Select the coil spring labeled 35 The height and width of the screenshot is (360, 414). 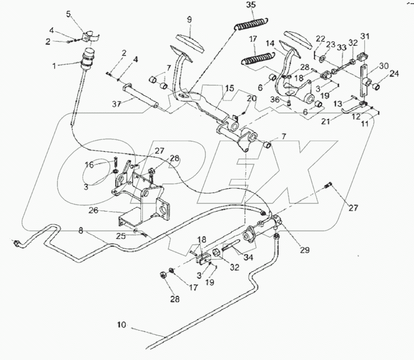252,24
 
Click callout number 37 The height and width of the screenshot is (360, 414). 117,104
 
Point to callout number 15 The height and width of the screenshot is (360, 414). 229,88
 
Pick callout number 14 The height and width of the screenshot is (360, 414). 272,44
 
